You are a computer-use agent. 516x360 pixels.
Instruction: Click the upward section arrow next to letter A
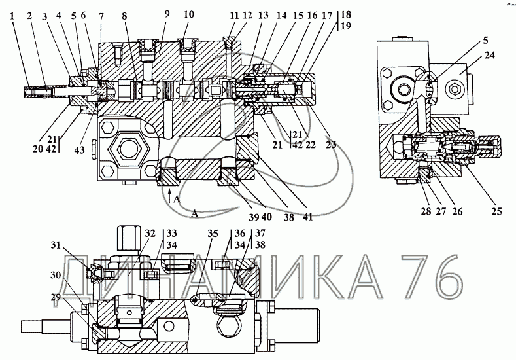[169, 194]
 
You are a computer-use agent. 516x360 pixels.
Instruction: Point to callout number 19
[346, 26]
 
